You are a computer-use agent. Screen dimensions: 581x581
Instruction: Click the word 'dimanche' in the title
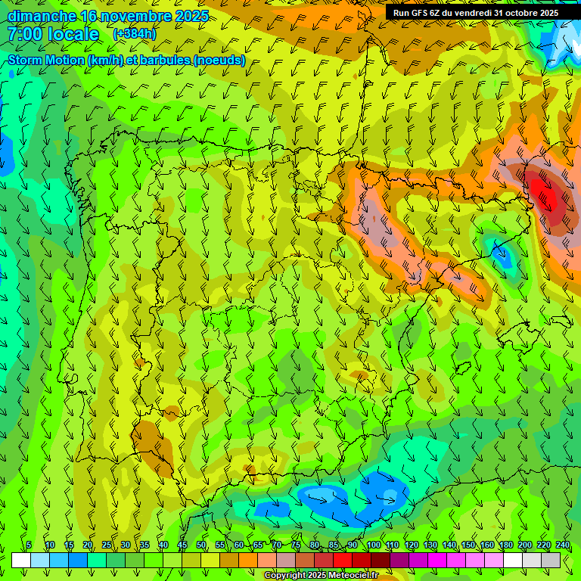[x=41, y=16]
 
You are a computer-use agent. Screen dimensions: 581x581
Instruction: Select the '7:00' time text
[x=25, y=34]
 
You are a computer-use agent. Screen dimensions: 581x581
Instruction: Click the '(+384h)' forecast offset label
[x=135, y=34]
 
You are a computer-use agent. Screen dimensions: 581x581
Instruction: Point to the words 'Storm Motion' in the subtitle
[x=46, y=60]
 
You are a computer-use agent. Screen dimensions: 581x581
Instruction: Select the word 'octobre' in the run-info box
[x=515, y=13]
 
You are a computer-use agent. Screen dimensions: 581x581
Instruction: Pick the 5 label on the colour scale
[x=29, y=545]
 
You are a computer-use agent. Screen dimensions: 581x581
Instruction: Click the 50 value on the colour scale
[x=201, y=545]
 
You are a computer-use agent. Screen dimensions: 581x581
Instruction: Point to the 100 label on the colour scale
[x=373, y=545]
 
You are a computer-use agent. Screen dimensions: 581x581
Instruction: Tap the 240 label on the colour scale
[x=562, y=545]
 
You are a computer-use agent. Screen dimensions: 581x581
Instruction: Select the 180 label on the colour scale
[x=505, y=545]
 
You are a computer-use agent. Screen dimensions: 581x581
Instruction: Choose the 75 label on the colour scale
[x=296, y=545]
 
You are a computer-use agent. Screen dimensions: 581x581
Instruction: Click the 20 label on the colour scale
[x=88, y=545]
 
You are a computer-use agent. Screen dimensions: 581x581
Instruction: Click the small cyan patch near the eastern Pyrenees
[x=500, y=253]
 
